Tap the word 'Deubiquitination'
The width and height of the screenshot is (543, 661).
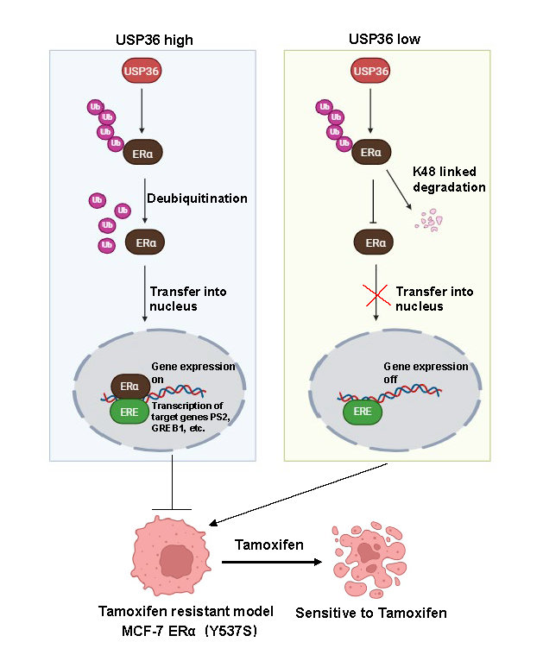[x=199, y=198]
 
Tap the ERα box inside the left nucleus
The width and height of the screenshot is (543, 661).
[x=130, y=386]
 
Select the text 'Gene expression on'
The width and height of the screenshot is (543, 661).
[x=193, y=372]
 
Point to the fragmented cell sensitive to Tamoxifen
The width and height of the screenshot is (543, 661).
[x=374, y=559]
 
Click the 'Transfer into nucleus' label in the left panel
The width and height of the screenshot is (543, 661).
[x=188, y=298]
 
